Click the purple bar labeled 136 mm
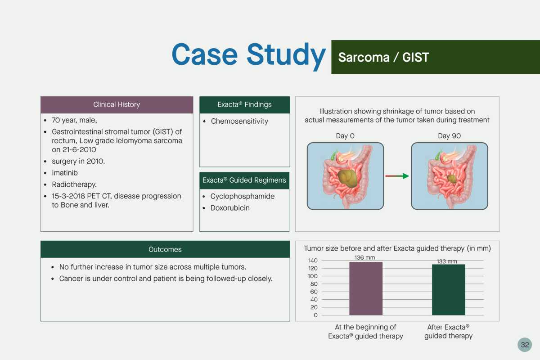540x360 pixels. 366,288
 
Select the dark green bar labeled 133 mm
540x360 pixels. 448,290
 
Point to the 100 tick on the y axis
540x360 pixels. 313,276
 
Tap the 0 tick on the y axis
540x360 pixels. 315,315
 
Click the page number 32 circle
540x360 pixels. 525,345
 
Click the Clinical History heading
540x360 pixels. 117,104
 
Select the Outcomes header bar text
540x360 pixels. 165,249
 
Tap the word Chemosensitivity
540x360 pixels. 239,121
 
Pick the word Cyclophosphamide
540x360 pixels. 242,196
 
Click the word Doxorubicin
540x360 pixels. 230,208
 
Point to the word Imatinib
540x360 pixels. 65,173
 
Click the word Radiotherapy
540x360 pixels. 74,184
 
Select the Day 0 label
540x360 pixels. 345,136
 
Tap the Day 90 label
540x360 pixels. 450,136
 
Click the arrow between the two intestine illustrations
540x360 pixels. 397,176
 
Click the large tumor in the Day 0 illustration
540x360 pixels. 347,178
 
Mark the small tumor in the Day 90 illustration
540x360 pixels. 451,179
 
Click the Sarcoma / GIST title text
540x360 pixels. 383,58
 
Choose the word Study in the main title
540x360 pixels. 286,55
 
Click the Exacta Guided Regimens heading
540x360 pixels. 244,180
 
